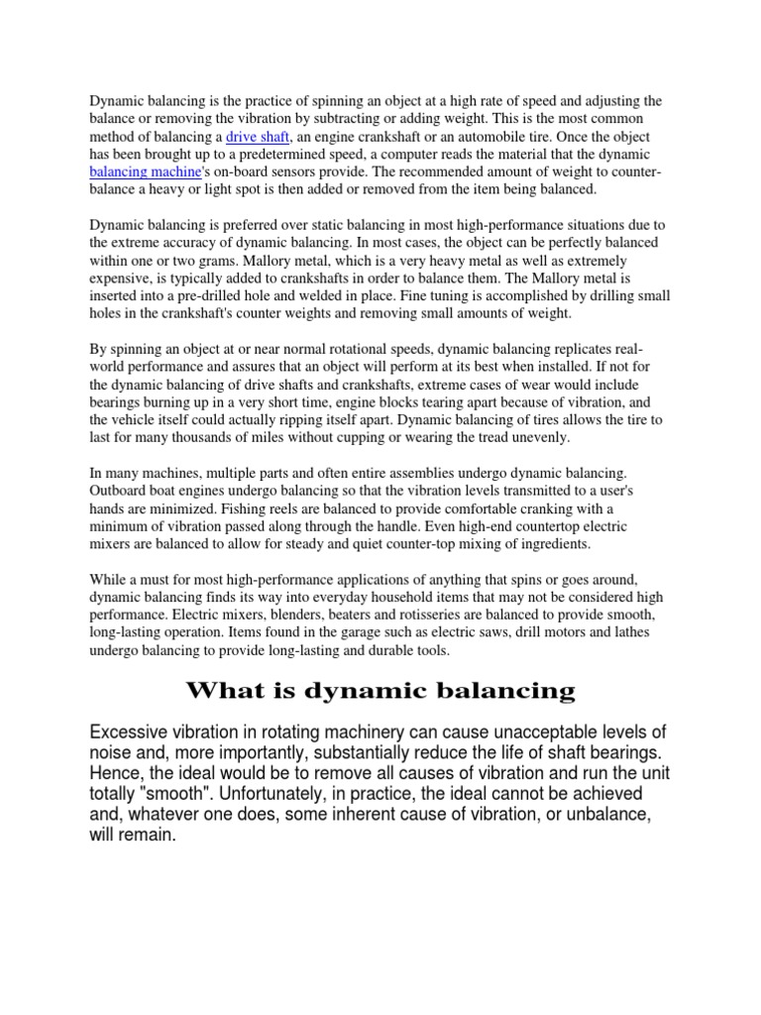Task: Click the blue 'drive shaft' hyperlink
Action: click(x=255, y=137)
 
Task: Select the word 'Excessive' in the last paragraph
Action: click(x=129, y=733)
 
